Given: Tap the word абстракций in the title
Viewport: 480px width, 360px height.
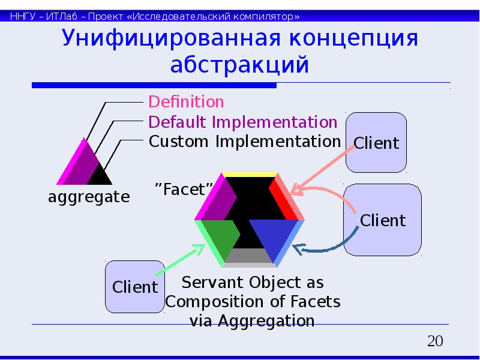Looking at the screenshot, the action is point(239,64).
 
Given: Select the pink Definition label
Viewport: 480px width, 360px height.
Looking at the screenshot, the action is point(186,102).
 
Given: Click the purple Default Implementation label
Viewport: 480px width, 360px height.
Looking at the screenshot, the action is point(243,122).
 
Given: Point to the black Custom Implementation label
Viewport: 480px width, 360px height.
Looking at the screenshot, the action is point(244,142).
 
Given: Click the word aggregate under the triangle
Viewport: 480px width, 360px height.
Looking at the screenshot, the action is point(89,196).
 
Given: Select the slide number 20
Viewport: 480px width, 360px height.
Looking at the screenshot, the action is point(435,342).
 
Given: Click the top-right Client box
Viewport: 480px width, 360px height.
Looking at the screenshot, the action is point(376,143).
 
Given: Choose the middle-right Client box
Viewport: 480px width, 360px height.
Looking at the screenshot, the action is point(382,220).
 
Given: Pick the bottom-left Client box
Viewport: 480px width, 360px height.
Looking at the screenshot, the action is point(135,287).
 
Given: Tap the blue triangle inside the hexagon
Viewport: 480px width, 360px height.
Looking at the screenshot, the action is point(270,237).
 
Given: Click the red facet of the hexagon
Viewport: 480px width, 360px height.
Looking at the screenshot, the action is point(282,198).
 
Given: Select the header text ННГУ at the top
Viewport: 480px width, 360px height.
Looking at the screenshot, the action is point(23,16).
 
